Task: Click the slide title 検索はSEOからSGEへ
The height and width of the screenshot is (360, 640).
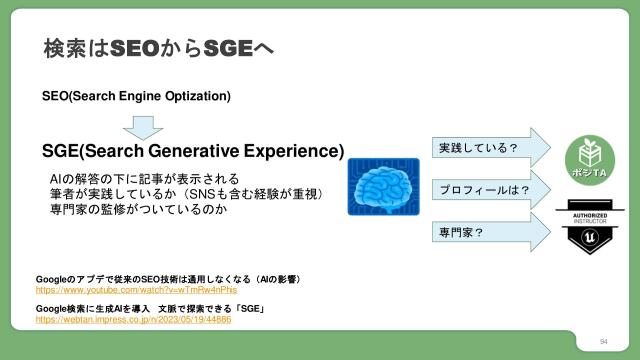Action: coord(159,48)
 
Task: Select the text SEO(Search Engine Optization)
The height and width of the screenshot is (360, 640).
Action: coord(136,96)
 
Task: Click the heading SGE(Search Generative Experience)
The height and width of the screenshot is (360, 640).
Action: coord(193,152)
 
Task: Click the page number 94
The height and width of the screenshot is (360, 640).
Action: coord(604,342)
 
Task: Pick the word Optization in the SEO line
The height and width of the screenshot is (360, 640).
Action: coord(201,96)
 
